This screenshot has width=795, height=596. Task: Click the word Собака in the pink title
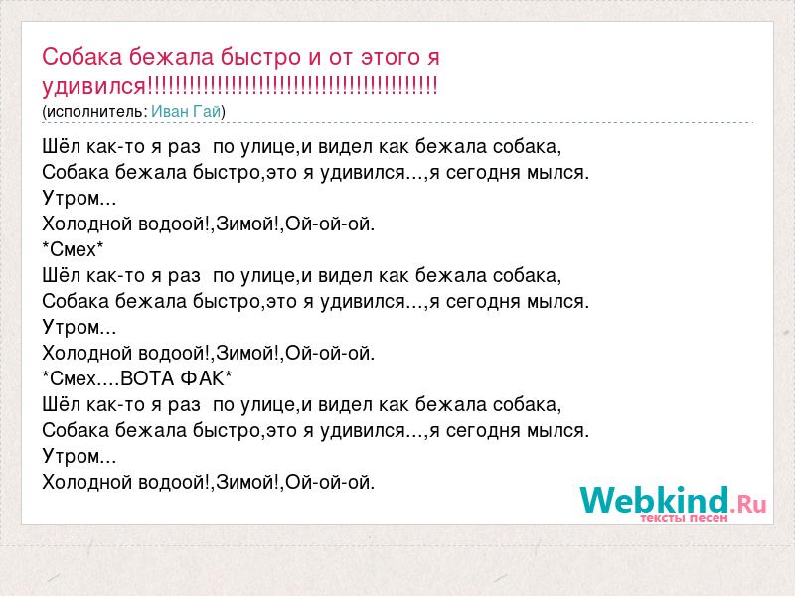pyautogui.click(x=81, y=57)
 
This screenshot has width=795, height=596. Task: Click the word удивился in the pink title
pyautogui.click(x=93, y=86)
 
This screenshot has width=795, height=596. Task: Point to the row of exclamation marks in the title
pyautogui.click(x=291, y=85)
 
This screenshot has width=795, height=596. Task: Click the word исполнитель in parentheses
pyautogui.click(x=95, y=112)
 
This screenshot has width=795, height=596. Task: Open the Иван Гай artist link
pyautogui.click(x=186, y=111)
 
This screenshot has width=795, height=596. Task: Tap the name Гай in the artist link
pyautogui.click(x=207, y=111)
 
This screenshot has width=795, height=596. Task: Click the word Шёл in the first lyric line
pyautogui.click(x=62, y=146)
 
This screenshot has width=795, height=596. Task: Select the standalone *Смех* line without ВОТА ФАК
pyautogui.click(x=73, y=250)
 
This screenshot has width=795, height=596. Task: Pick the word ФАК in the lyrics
pyautogui.click(x=202, y=379)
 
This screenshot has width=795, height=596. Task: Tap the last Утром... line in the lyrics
pyautogui.click(x=79, y=456)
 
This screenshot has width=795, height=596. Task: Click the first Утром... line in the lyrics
pyautogui.click(x=79, y=198)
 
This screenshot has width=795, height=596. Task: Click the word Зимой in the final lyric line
pyautogui.click(x=244, y=482)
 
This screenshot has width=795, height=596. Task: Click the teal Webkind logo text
pyautogui.click(x=655, y=500)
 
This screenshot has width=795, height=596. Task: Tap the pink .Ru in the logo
pyautogui.click(x=748, y=504)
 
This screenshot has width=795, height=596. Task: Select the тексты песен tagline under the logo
pyautogui.click(x=684, y=518)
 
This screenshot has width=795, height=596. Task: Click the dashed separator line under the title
pyautogui.click(x=397, y=122)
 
